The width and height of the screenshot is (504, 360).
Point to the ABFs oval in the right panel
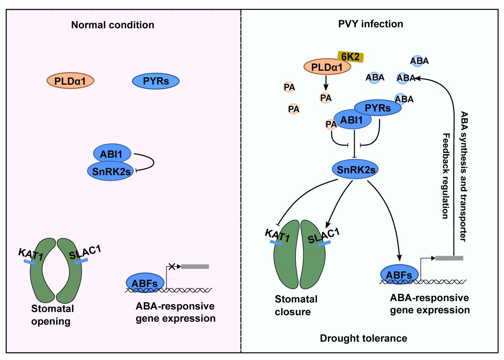tap(399, 274)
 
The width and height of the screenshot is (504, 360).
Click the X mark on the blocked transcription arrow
tap(172, 267)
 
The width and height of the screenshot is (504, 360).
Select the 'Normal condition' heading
tap(113, 25)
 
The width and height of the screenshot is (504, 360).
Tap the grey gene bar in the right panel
tap(449, 258)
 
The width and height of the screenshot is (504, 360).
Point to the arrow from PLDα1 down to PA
tap(326, 82)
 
